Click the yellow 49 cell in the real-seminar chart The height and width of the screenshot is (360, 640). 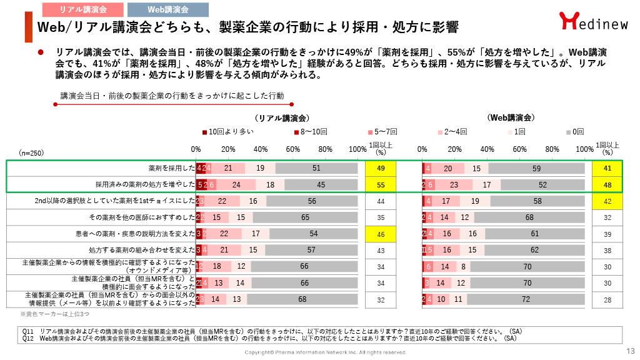click(x=380, y=168)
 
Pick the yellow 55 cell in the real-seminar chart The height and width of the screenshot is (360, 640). click(x=380, y=184)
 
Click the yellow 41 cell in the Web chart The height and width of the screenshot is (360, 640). click(x=607, y=168)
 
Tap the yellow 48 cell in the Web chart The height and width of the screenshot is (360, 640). click(x=607, y=184)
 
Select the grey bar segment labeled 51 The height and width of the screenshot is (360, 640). click(x=316, y=168)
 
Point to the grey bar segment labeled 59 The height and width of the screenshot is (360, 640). click(x=537, y=168)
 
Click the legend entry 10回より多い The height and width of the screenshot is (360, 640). click(x=228, y=132)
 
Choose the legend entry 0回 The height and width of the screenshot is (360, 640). click(x=574, y=132)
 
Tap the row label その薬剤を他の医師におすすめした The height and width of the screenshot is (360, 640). click(x=142, y=217)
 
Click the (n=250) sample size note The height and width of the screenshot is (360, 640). click(x=31, y=152)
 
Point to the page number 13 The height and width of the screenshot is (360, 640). click(x=630, y=351)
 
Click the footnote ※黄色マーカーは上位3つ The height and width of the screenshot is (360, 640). click(x=47, y=314)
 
